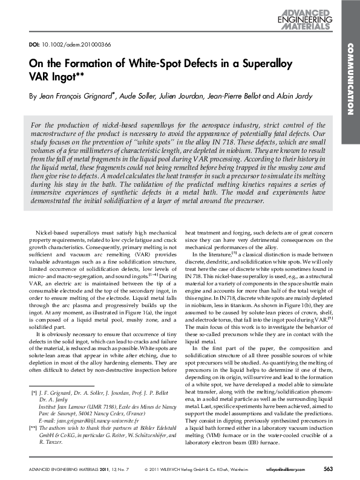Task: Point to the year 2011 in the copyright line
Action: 154,469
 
